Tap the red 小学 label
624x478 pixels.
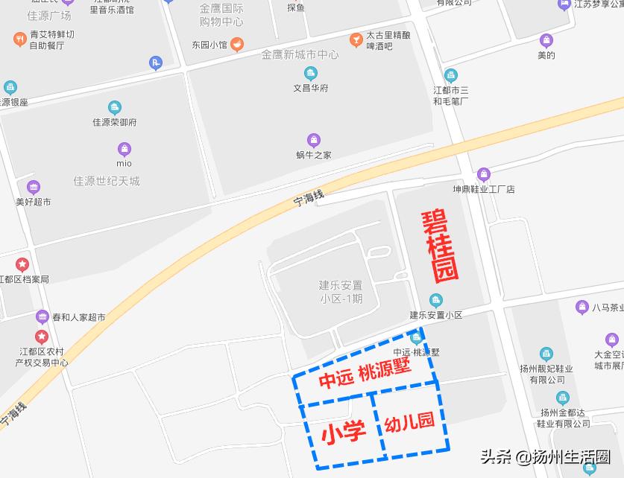344,433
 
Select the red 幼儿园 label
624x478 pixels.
409,424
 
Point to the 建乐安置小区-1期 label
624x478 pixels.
341,292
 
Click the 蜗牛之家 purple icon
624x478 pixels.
314,140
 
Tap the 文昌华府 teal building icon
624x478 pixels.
311,73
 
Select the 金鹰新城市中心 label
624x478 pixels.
300,54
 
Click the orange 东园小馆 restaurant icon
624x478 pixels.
237,44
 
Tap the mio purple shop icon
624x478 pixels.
125,149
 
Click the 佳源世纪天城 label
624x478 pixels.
106,181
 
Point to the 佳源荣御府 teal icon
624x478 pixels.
115,108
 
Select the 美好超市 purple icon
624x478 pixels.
34,187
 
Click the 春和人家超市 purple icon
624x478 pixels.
42,317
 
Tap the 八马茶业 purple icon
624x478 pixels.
582,307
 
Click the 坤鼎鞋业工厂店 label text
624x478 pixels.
485,189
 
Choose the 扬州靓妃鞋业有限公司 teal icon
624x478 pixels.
546,354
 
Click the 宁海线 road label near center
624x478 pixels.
309,197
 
